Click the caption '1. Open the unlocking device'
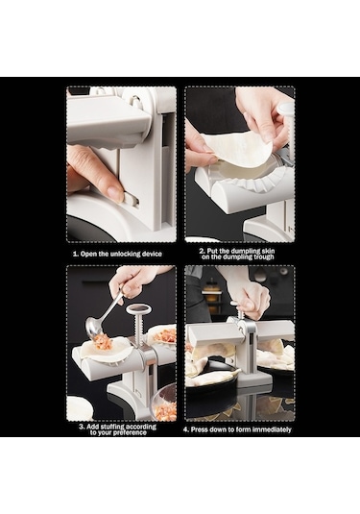pos(117,254)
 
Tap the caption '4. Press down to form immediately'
pos(237,429)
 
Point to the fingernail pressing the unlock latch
pos(115,194)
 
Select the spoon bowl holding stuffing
pos(95,328)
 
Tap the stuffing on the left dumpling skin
pos(103,343)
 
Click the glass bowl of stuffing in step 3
pos(164,402)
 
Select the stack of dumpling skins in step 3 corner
pos(80,407)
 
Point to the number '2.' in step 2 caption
pos(203,251)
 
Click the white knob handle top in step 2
pos(286,109)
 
